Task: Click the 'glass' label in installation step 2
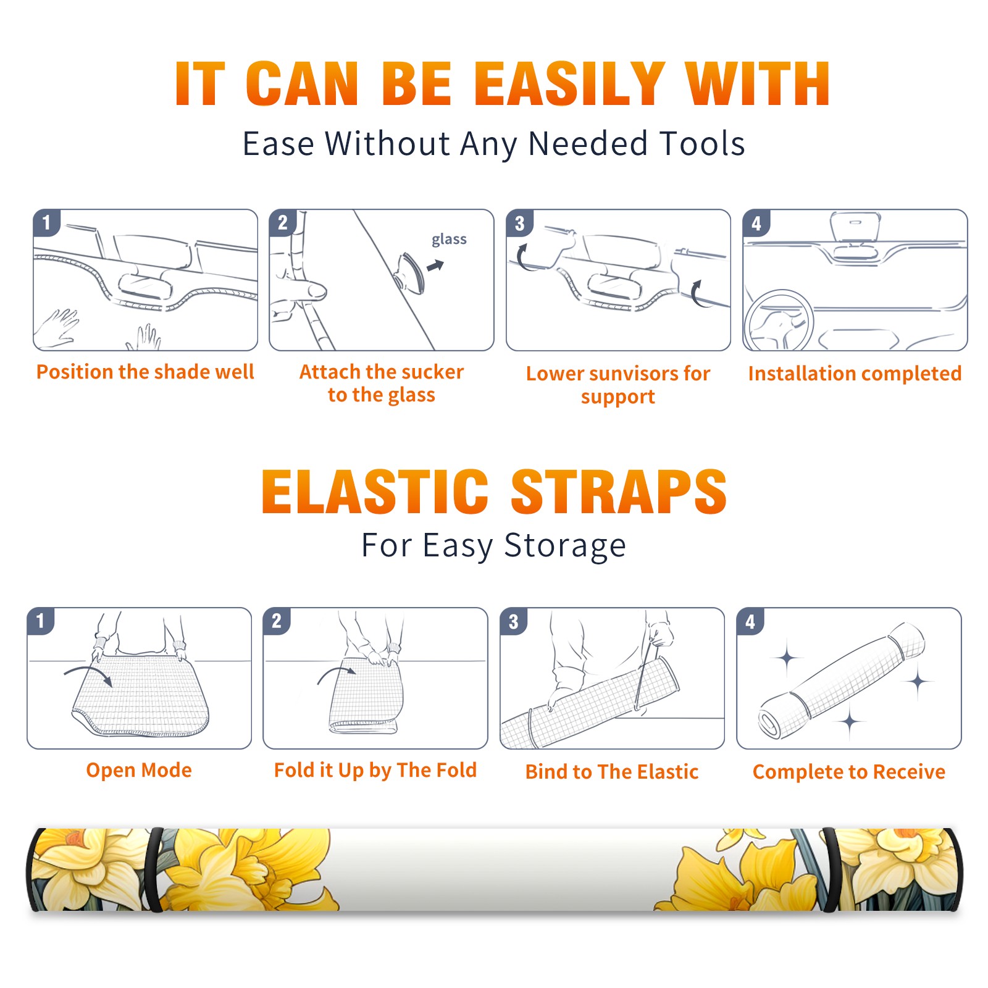(x=449, y=240)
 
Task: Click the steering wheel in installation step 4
(x=778, y=321)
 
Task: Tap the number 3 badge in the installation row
(x=519, y=223)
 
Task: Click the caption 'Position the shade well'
(x=145, y=372)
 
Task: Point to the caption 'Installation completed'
(x=855, y=373)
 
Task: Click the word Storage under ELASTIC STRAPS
(x=565, y=546)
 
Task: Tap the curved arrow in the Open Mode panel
(x=88, y=675)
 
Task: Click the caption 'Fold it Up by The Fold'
(x=375, y=770)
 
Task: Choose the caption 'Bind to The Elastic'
(x=612, y=771)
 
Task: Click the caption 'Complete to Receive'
(x=849, y=772)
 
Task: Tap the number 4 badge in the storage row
(x=750, y=621)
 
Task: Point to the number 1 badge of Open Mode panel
(x=41, y=621)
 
